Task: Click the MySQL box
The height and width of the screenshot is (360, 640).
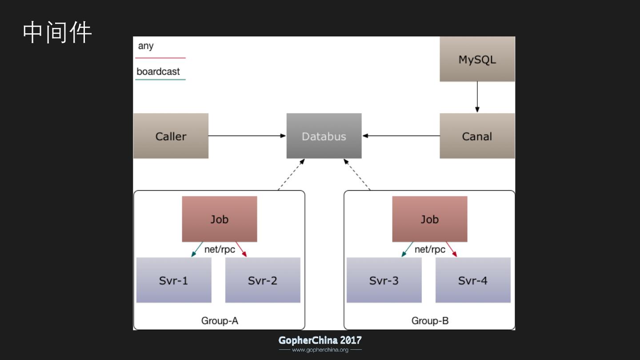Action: pos(477,59)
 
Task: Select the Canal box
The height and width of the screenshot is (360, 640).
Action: pos(477,136)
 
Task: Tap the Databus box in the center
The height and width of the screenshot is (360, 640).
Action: pos(324,136)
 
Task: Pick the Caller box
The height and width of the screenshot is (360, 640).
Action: pos(171,136)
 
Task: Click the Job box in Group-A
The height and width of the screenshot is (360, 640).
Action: pos(219,219)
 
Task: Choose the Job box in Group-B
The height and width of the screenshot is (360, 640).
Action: pos(429,219)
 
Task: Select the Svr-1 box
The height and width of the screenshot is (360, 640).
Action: pos(174,280)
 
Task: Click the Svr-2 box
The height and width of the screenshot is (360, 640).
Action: pos(263,280)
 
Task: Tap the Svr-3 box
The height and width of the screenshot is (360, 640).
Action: pos(384,280)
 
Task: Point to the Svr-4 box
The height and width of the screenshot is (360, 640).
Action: pos(473,280)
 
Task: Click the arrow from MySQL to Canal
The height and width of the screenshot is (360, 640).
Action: pos(477,97)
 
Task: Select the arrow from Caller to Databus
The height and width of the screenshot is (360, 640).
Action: pos(247,136)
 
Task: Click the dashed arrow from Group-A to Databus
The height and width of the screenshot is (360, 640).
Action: pos(291,175)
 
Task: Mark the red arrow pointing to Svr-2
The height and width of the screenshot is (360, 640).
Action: pos(241,249)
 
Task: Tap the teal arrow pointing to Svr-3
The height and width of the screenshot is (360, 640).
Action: pos(407,249)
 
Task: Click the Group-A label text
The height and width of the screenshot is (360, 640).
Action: pos(220,320)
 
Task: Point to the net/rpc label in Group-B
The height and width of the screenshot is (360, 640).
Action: pos(430,249)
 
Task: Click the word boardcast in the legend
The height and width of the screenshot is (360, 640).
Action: pos(158,72)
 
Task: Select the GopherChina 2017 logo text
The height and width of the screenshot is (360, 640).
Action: pos(320,340)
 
